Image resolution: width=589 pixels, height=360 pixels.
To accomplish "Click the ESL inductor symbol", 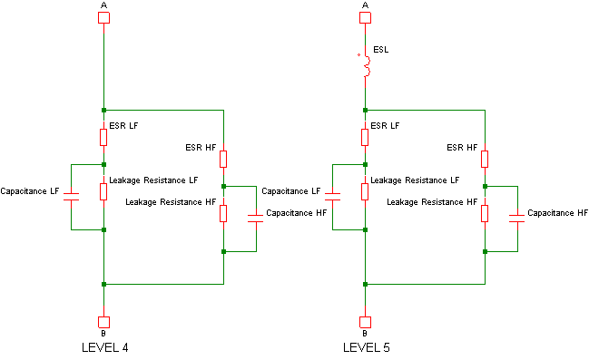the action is point(367,66).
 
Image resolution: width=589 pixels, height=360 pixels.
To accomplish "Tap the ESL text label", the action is point(381,50).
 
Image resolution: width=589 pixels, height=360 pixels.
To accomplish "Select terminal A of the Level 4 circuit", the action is point(103,17).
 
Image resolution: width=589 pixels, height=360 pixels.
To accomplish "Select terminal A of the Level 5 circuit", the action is point(365,17).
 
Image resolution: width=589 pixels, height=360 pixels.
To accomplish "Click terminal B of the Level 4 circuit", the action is point(103,322).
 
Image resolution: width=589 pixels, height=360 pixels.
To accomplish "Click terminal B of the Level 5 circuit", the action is point(365,322).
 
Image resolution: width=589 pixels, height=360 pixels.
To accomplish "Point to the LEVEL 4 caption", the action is point(105,347).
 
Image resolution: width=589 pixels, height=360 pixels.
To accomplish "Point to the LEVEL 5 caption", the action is point(367,347).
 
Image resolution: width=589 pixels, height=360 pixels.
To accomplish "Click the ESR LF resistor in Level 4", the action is point(103,138).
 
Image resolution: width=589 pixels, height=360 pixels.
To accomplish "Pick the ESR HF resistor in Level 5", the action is point(485,160).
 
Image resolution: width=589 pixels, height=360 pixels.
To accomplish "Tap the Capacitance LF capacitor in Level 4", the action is point(71,197).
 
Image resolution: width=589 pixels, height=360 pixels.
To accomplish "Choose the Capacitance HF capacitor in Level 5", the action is point(517,219).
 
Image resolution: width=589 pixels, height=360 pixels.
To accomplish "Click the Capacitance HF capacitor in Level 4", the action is point(256,219).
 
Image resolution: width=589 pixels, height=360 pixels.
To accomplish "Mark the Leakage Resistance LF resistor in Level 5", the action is point(365,192).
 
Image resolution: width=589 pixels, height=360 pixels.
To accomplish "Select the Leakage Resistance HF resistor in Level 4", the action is point(223,214).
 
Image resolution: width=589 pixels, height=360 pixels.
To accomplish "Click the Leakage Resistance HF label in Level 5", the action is point(432,202).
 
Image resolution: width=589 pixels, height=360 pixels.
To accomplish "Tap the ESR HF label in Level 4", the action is point(201,148).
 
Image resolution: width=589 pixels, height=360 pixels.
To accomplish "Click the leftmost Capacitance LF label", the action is point(30,191).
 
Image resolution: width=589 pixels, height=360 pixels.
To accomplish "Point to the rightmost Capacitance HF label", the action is point(557,213).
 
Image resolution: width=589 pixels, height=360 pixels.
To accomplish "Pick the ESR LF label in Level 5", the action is point(385,126).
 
